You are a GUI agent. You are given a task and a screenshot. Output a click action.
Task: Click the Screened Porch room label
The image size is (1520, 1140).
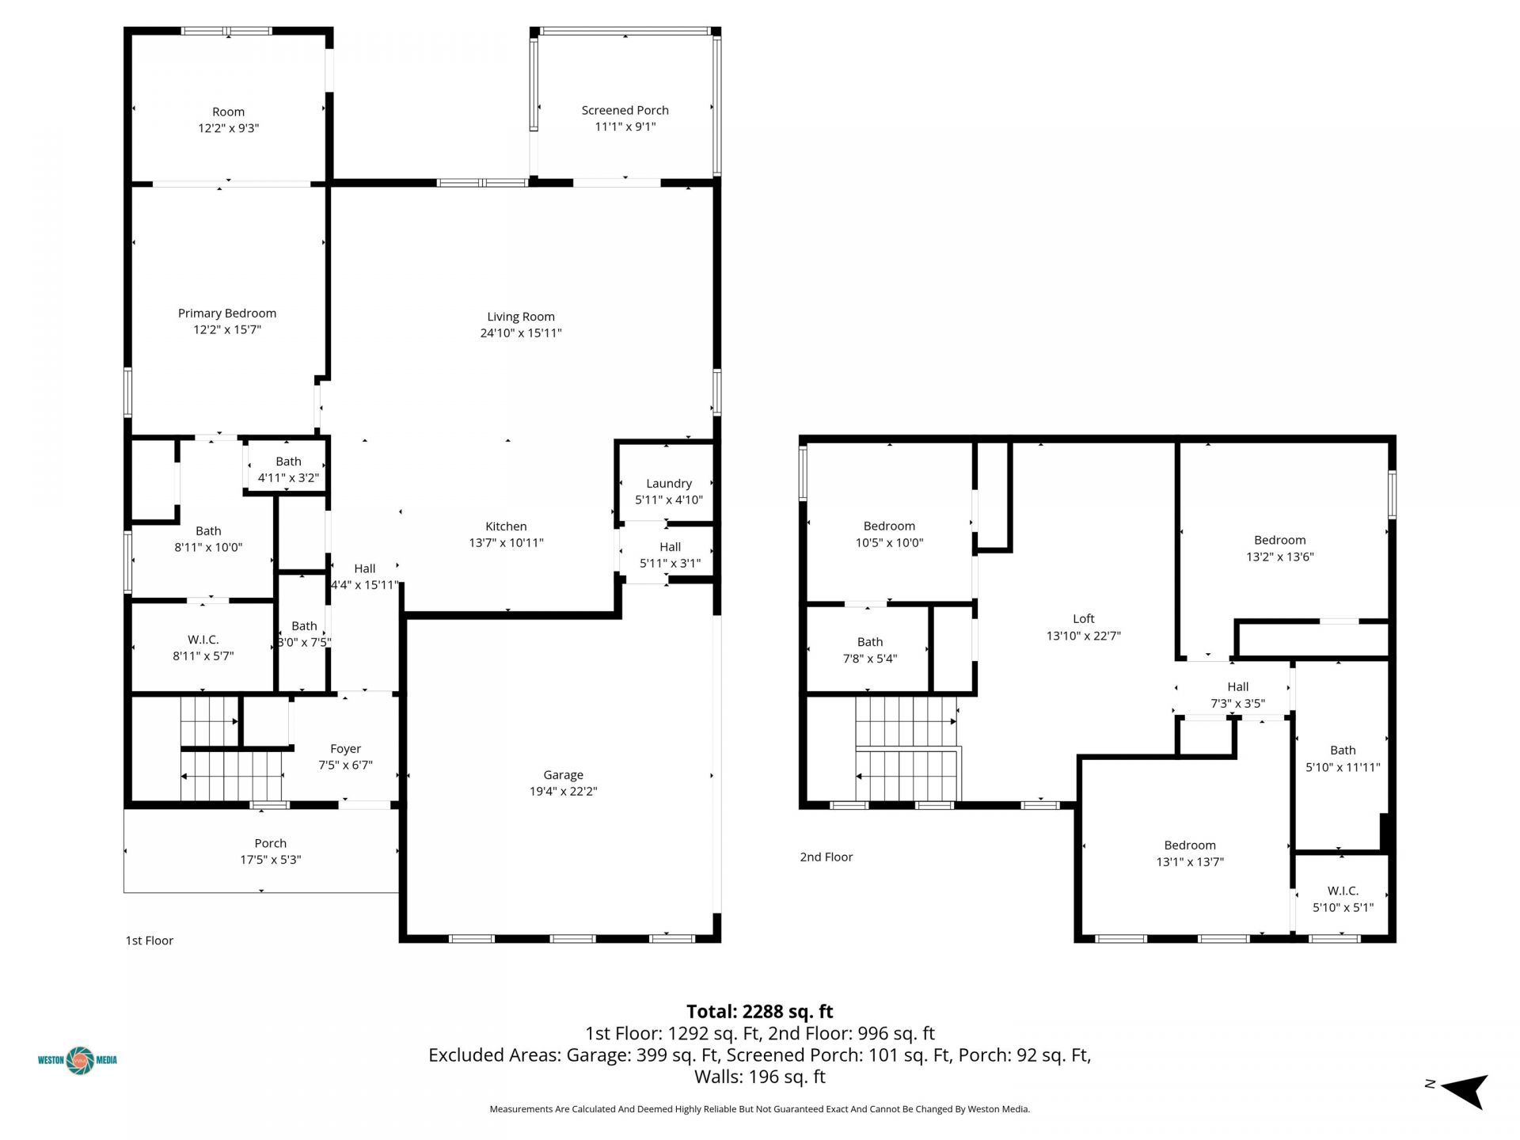[625, 110]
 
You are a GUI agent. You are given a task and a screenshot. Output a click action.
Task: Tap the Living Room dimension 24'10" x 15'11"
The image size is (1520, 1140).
[521, 333]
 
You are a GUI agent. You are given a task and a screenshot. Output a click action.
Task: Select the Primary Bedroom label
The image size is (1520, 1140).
[227, 313]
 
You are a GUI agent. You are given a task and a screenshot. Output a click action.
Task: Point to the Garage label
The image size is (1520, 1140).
[563, 775]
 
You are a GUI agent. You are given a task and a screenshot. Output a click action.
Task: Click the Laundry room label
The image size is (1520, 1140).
[669, 484]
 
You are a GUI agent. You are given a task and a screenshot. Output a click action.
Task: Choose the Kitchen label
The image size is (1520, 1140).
[506, 526]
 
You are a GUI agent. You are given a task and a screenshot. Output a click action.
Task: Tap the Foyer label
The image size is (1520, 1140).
[345, 749]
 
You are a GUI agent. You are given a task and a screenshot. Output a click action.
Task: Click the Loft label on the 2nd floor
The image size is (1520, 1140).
[1084, 619]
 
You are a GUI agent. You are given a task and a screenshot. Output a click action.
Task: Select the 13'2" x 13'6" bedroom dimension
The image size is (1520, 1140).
[1280, 557]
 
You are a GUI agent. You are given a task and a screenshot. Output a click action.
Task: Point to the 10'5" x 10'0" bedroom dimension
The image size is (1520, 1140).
[889, 543]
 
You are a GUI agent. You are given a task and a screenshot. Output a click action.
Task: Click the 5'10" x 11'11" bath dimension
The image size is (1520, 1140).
[1343, 767]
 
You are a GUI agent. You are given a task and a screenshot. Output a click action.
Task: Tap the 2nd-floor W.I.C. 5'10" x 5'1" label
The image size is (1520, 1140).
[1343, 899]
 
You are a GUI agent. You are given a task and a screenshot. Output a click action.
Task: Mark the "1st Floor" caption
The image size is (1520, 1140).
[150, 940]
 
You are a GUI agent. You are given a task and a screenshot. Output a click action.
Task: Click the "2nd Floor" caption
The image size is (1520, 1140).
[826, 857]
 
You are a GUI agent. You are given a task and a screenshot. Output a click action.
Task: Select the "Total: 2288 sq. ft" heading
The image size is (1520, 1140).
[760, 1011]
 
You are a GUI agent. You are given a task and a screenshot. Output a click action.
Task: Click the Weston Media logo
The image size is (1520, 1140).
[78, 1060]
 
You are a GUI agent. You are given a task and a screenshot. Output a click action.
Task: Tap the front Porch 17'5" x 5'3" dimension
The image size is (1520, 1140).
[271, 860]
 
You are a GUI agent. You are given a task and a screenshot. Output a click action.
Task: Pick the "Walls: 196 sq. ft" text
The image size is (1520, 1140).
[760, 1077]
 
